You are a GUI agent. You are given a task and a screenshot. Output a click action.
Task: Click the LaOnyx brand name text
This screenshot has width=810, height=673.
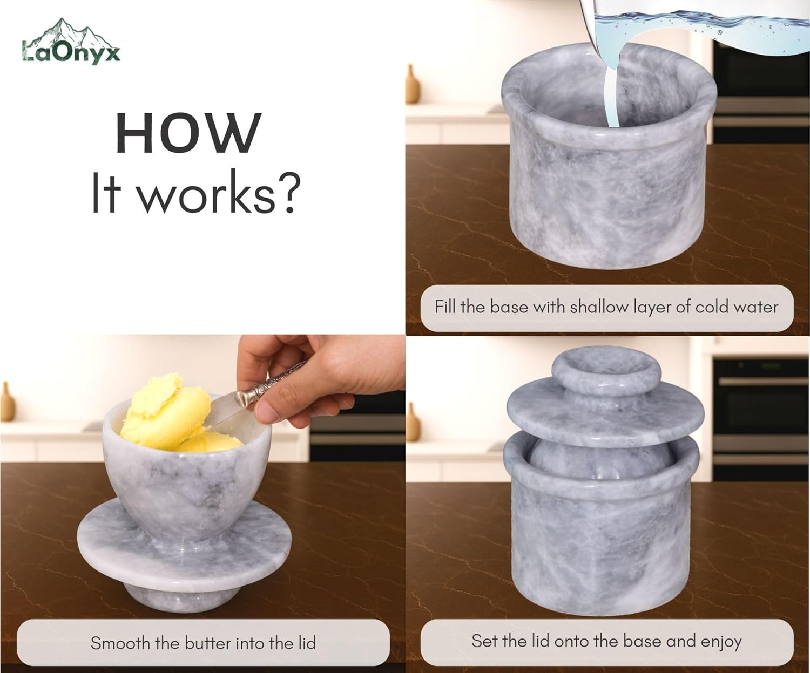coord(71,53)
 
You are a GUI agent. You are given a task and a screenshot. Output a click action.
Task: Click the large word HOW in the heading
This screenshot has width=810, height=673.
coord(188,133)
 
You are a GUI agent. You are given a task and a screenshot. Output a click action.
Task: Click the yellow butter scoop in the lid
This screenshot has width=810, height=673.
coord(167,413)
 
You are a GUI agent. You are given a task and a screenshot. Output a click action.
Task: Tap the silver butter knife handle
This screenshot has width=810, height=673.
coord(270,385)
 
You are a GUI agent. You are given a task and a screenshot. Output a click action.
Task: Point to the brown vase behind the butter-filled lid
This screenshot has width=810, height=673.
coord(7,402)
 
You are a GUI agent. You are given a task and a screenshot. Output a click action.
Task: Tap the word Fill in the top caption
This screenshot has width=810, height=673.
coord(445,307)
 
